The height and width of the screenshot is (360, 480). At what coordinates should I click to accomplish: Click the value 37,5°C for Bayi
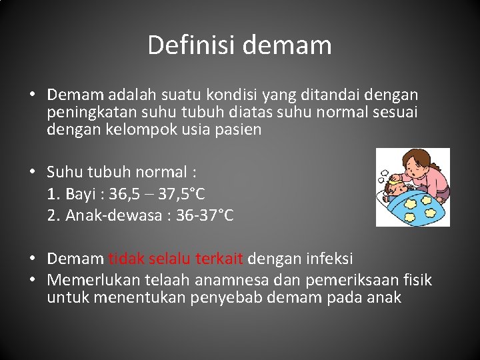[x=181, y=194]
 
